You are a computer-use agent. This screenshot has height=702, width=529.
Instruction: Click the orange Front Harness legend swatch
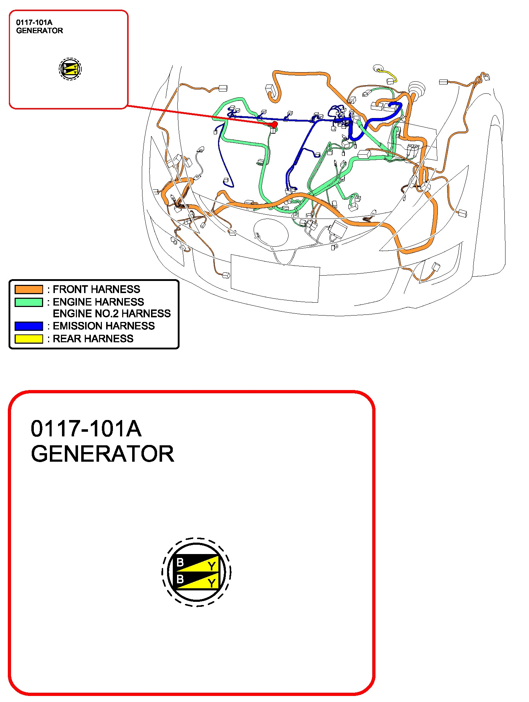pos(29,289)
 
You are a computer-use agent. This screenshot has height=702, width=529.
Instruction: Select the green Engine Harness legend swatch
pos(29,302)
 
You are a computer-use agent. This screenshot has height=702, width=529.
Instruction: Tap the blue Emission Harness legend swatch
pos(29,326)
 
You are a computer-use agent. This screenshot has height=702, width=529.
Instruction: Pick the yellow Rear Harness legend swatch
pos(29,339)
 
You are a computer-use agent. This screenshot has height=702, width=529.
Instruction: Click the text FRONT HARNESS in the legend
pos(97,289)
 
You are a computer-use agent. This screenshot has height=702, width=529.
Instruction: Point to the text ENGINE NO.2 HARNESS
pos(112,313)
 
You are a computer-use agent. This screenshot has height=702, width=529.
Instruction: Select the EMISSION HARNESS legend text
pos(104,326)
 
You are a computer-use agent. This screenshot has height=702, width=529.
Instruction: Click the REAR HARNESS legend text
pos(93,339)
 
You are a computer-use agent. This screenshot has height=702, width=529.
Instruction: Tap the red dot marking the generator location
pos(274,124)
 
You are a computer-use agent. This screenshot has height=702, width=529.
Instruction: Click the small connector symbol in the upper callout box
pos(70,69)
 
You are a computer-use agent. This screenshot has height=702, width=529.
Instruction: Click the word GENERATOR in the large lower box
pos(103,454)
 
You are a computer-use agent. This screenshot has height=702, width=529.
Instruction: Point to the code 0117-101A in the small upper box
pos(34,22)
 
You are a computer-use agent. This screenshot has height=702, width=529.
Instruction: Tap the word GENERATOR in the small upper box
pos(40,31)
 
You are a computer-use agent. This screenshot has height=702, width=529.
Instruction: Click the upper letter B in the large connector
pos(180,562)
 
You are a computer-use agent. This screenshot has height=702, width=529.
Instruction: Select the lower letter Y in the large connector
pos(212,583)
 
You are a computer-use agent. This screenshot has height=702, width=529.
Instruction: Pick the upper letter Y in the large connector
pos(212,566)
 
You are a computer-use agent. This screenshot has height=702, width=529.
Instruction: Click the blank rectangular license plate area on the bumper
pos(275,278)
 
